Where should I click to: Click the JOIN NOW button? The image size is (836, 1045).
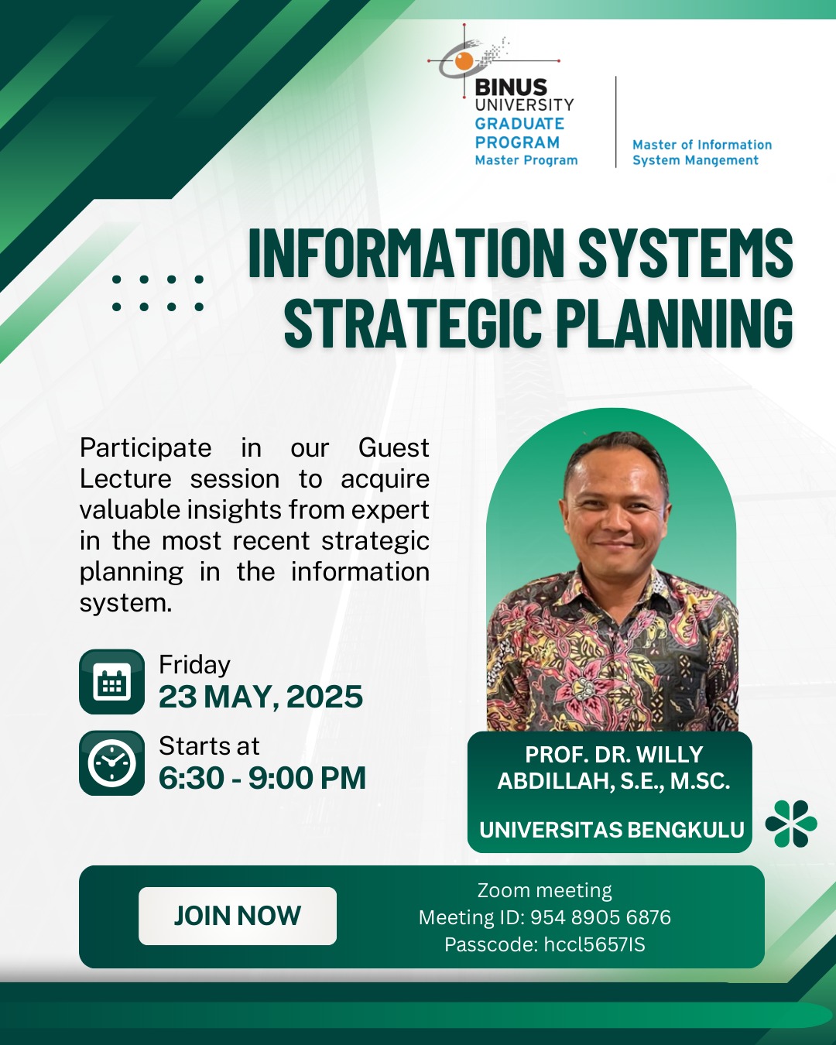[237, 916]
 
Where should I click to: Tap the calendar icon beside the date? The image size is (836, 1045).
[111, 682]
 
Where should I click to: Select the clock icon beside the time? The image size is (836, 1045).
[111, 763]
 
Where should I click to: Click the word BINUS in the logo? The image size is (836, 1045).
[511, 87]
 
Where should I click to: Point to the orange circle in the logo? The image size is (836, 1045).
[464, 60]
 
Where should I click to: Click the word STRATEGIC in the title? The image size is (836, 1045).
[413, 323]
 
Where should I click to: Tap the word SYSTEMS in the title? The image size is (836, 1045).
[686, 252]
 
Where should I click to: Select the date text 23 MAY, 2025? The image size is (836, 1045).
[261, 697]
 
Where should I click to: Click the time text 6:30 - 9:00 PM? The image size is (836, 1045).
[262, 778]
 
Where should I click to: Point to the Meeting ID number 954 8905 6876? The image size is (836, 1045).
[601, 918]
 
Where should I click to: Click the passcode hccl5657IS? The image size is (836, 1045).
[594, 944]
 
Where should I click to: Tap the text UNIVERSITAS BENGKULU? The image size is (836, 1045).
[612, 829]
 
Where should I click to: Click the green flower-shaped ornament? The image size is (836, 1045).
[791, 824]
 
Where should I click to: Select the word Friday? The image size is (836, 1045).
[194, 665]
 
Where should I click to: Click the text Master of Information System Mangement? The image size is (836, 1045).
[702, 152]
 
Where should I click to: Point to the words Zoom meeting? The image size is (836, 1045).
[544, 891]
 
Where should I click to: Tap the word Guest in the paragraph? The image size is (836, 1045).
[393, 447]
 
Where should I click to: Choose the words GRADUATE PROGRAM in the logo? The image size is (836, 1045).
[519, 133]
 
